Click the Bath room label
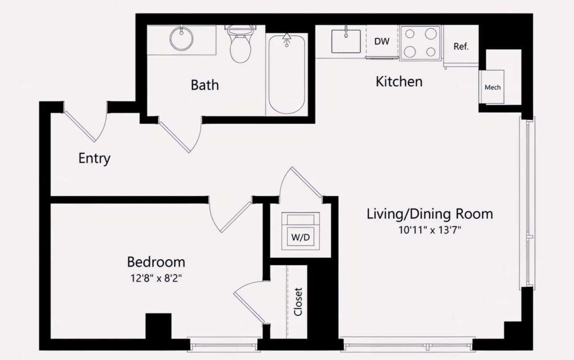[205, 85]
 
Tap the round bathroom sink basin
[181, 39]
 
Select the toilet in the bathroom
[240, 44]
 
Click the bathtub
[287, 74]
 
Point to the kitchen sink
[346, 41]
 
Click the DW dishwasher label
[382, 41]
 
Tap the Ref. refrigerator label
[461, 46]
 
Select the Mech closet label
[493, 88]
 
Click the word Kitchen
[399, 81]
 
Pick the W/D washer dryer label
[300, 237]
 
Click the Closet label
[298, 302]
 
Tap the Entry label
[94, 158]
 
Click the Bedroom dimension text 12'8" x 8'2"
[156, 278]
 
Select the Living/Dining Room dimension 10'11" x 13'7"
[430, 230]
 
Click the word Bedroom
[156, 262]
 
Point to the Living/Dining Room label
[430, 214]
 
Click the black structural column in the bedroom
[158, 326]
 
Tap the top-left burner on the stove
[410, 34]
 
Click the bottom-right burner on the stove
[431, 52]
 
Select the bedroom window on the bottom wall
[224, 345]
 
